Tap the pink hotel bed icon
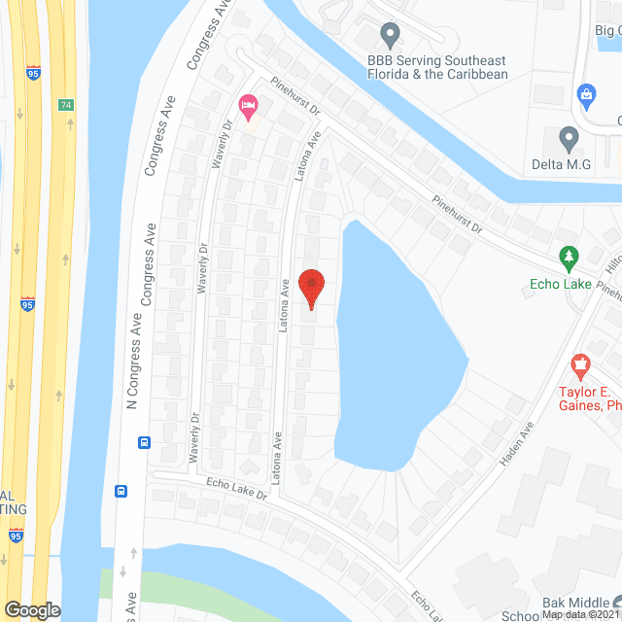tap(248, 104)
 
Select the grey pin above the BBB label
tap(390, 35)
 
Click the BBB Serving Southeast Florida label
tap(437, 67)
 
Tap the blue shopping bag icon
tap(586, 94)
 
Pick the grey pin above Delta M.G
tap(569, 137)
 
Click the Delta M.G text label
tap(561, 164)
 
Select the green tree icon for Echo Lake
tap(570, 258)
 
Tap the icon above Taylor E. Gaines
tap(581, 367)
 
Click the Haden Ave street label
tap(518, 442)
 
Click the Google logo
tap(32, 609)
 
